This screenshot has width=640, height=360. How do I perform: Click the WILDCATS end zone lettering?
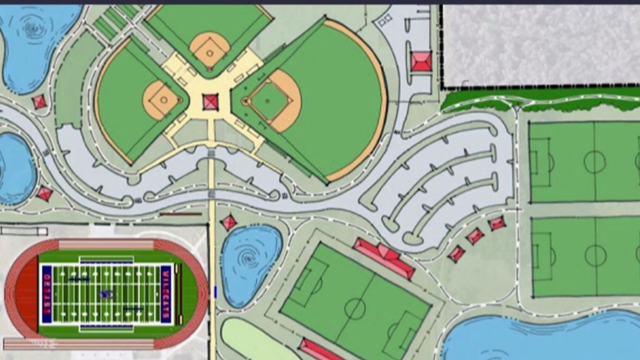tap(166, 294)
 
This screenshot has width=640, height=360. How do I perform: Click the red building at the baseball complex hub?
tap(211, 101)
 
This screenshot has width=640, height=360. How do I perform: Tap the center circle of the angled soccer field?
tap(355, 308)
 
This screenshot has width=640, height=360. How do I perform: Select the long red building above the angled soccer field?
tap(383, 257)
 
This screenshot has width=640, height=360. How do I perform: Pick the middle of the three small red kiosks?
tap(475, 235)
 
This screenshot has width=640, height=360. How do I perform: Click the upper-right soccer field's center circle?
tap(594, 162)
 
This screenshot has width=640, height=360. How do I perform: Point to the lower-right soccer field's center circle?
tap(595, 256)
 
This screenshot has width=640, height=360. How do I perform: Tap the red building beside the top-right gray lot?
tap(421, 61)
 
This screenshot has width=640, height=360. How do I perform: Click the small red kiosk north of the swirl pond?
tap(229, 222)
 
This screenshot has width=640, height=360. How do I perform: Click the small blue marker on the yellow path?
tap(215, 291)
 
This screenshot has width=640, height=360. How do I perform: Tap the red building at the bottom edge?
tap(320, 349)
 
